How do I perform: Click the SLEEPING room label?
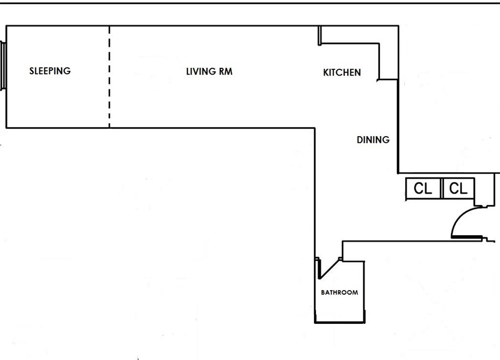[50, 71]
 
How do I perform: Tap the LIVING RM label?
[209, 71]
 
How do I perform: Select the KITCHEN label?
[342, 72]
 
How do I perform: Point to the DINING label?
[373, 140]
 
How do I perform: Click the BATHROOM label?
[339, 293]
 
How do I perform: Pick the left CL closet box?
[423, 188]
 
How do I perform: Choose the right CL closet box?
[458, 188]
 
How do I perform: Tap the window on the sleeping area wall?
[3, 66]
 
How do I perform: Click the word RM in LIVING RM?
[226, 71]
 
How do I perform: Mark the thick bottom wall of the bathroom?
[340, 322]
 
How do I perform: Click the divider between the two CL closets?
[441, 188]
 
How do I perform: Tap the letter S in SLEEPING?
[32, 71]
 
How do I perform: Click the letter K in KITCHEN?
[326, 72]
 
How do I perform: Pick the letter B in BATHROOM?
[323, 293]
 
